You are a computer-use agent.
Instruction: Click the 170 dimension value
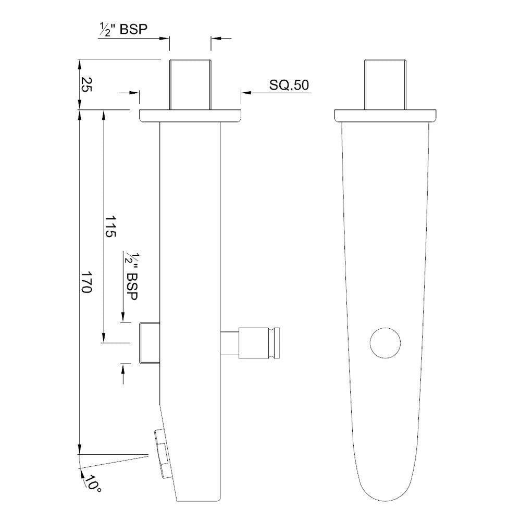[86, 281]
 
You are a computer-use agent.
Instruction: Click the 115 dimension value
[110, 226]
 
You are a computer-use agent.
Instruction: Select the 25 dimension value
[86, 84]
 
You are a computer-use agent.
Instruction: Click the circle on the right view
[385, 343]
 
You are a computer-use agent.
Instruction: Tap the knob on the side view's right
[259, 343]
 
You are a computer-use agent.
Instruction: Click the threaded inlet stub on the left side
[149, 343]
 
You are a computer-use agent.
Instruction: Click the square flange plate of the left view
[190, 116]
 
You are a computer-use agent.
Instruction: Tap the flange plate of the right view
[385, 116]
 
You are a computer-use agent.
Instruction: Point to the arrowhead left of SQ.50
[245, 93]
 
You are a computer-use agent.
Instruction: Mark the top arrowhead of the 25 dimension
[79, 65]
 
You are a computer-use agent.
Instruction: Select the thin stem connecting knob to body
[230, 343]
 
